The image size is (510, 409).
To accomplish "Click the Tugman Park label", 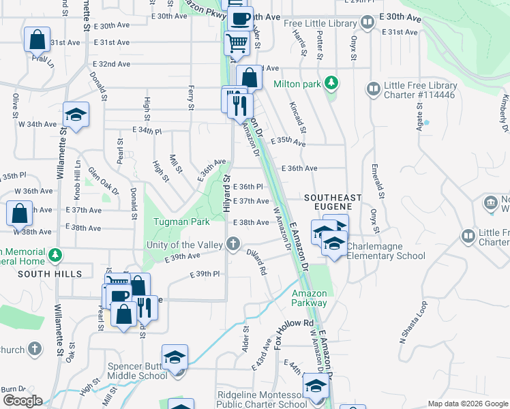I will pos(181,222).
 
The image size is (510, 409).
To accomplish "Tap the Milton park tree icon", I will pos(331,83).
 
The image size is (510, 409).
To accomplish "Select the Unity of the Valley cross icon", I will pos(233,243).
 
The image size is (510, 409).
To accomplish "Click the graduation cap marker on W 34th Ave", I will pos(76,114).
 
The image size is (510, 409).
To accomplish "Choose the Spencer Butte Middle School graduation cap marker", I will pos(175,357).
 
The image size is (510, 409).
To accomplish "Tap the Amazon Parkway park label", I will pos(309,298).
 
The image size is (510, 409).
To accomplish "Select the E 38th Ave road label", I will pos(251,222).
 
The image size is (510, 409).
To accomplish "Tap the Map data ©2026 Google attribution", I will pos(468,404).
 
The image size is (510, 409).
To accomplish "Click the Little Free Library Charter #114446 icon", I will pos(373,89).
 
